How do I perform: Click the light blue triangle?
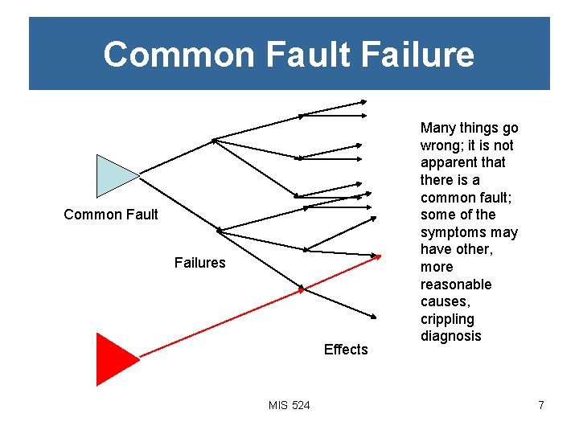pos(113,176)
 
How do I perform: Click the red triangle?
pos(113,358)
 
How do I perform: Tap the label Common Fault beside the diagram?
pos(111,215)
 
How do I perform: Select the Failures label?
pos(199,263)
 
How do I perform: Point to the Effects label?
pos(346,350)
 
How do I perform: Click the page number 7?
pos(541,405)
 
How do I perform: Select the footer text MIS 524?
pos(289,405)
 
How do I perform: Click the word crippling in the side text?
pos(448,319)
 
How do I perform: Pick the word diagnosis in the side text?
pos(450,336)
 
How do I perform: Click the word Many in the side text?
pos(437,128)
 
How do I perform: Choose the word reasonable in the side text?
pos(455,285)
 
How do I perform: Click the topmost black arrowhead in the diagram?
pos(363,101)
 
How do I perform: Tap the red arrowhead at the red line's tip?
pos(377,256)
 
